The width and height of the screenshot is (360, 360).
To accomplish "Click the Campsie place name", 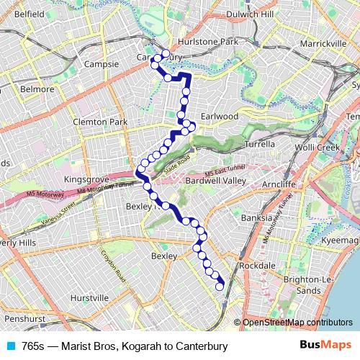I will (102, 64).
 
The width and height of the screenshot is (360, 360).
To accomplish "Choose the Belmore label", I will (37, 89).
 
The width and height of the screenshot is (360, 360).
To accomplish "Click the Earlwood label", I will (220, 116).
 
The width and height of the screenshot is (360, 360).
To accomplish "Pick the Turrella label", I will (260, 144).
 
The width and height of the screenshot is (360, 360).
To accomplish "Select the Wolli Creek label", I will (318, 148).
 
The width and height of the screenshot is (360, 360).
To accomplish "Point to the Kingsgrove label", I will (85, 179).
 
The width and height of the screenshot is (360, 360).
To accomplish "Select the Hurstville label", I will (89, 297).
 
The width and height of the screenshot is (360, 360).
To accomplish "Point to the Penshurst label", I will (24, 318).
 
